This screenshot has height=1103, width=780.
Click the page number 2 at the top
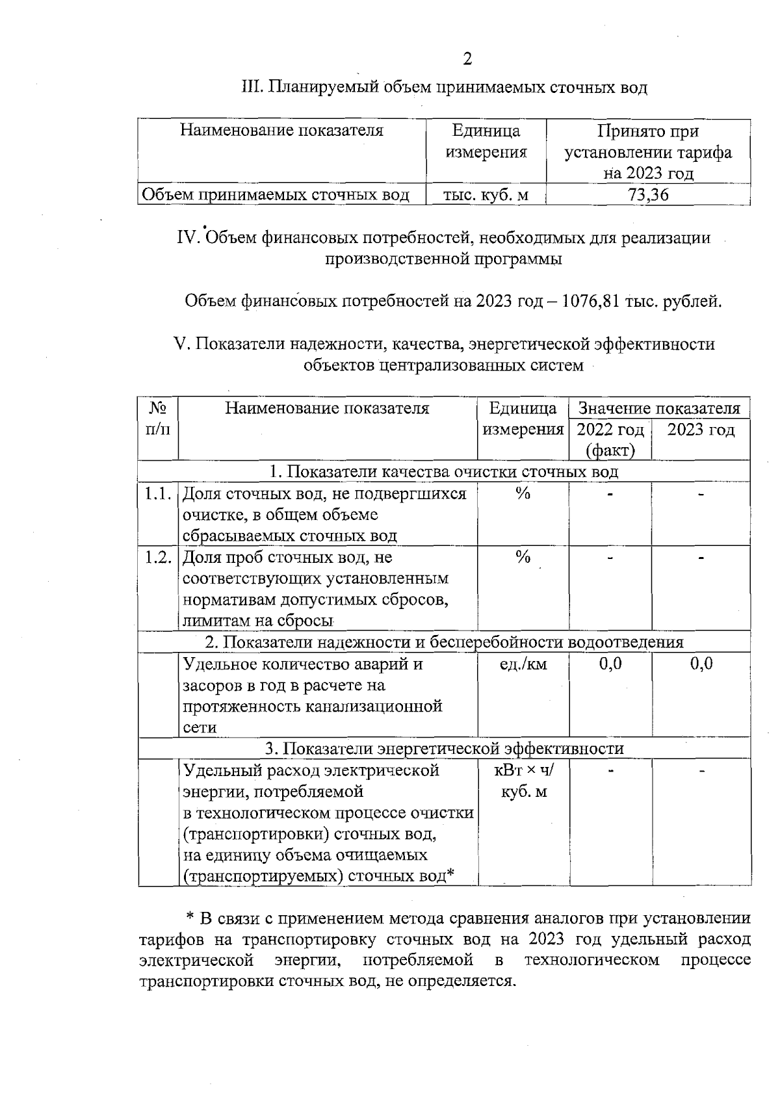pos(467,59)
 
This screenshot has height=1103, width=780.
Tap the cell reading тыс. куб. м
pos(486,195)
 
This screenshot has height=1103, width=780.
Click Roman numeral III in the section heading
pos(251,86)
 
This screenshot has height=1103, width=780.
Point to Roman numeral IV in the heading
pos(188,238)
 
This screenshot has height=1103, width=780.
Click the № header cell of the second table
pos(158,419)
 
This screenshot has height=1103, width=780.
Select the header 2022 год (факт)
pos(610,440)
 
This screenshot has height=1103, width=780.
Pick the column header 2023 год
pos(701,430)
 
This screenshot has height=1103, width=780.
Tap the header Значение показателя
pos(658,408)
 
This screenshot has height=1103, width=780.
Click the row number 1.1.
pos(158,494)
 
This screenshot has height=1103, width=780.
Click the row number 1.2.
pos(158,557)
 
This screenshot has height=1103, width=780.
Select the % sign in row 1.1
pos(523,494)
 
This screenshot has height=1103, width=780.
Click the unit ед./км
pos(523,664)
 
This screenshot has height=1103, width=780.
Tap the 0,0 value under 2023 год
pos(701,664)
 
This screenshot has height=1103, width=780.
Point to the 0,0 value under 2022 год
pos(610,664)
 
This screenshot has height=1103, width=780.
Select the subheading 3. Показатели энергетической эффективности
pos(444,749)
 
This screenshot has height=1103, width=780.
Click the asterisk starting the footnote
pos(190,918)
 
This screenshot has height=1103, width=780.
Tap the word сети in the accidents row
pos(199,727)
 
